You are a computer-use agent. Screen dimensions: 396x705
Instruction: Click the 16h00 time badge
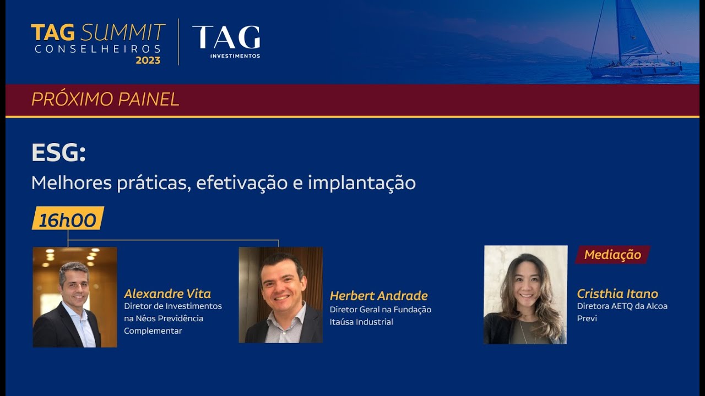point(68,219)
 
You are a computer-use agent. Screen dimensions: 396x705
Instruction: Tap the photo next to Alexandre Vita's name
point(75,297)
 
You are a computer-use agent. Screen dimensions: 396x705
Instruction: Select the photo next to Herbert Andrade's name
point(281,295)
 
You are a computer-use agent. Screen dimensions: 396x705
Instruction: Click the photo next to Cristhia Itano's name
point(525,295)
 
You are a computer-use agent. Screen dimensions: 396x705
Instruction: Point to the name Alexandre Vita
point(167,294)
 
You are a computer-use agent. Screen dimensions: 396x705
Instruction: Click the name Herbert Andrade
point(378,296)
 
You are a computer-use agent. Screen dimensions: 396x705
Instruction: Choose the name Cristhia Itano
point(617,294)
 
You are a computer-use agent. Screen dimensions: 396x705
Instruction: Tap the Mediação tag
point(612,255)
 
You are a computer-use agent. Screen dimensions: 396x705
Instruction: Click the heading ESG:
point(58,153)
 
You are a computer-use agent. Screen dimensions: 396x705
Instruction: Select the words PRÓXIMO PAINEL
point(105,100)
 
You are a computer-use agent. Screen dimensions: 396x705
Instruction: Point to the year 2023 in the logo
point(148,61)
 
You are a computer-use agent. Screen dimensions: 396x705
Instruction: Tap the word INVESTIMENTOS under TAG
point(235,56)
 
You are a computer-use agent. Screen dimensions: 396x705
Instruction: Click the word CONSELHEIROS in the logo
point(97,49)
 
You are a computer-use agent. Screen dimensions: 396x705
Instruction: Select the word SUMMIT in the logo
point(123,32)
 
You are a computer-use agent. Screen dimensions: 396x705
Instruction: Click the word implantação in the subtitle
point(361,183)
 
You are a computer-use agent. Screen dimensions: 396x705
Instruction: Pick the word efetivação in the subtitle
point(242,183)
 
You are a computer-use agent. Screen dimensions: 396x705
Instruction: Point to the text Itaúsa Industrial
point(361,322)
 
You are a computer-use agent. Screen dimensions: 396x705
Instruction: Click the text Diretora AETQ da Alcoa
point(622,306)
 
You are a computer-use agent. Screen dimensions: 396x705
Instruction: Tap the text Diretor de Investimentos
point(173,306)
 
